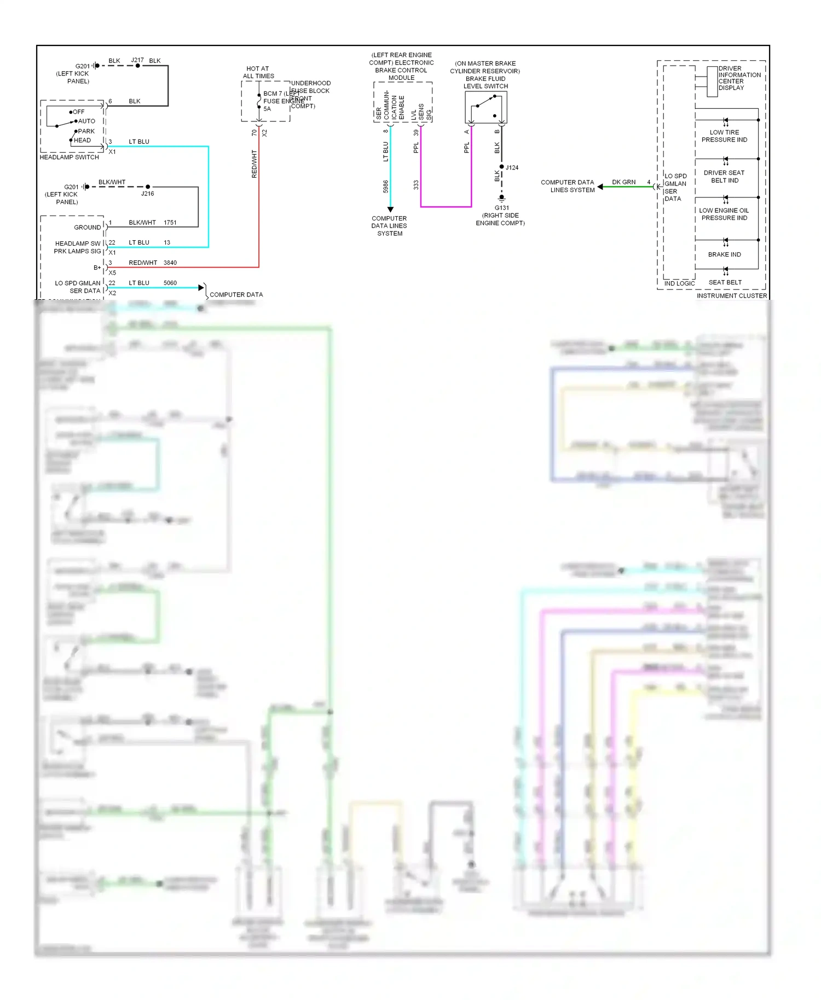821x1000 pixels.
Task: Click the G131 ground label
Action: tap(501, 208)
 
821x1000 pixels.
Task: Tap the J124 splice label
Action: tap(512, 167)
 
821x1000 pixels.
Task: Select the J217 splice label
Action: tap(137, 60)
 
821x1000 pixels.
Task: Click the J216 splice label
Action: tap(147, 194)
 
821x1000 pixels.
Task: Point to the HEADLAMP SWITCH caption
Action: tap(70, 158)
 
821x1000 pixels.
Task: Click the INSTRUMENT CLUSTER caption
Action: tap(731, 296)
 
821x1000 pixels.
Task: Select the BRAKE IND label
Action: tap(724, 254)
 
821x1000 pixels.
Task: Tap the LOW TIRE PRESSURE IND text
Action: tap(724, 136)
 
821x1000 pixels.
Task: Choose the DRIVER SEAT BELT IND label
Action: tap(724, 177)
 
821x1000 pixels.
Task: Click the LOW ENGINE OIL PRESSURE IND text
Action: tap(724, 214)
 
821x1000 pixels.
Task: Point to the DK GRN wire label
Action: tap(623, 182)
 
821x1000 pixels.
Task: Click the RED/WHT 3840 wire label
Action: tap(153, 263)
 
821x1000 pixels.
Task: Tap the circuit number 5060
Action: tap(170, 283)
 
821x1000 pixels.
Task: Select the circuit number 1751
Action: tap(170, 223)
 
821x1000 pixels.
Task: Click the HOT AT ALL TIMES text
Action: tap(258, 72)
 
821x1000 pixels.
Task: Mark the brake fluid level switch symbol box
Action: tap(485, 107)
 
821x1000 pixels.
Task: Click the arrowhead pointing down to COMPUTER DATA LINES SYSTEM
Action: tap(390, 210)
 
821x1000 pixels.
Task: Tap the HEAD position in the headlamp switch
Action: tap(82, 141)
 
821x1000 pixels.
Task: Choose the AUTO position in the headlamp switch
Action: tap(86, 121)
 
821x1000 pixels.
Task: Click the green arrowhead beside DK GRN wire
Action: tap(600, 187)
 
